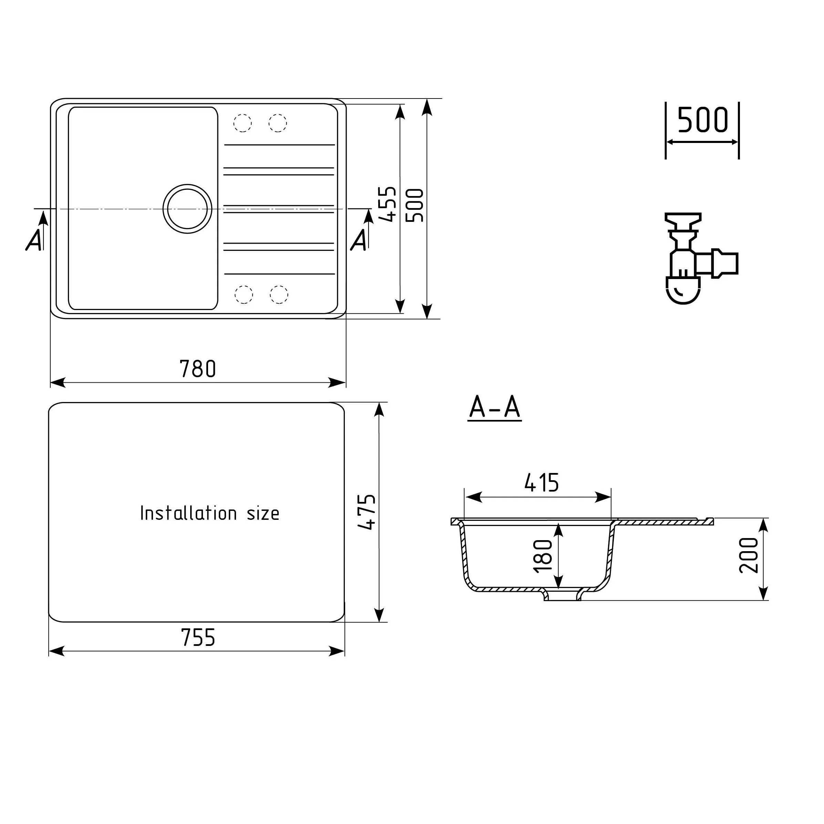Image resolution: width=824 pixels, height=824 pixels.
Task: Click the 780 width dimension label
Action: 197,369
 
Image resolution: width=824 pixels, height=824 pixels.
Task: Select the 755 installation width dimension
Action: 198,638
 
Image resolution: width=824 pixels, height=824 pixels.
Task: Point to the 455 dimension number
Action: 388,204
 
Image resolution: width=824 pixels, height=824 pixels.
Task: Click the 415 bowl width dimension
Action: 541,483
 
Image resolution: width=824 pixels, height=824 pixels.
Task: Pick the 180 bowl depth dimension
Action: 543,556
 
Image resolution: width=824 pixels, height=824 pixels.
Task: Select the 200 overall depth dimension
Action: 749,555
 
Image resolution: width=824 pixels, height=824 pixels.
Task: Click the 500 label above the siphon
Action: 702,120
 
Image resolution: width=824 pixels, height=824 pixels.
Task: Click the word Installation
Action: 188,514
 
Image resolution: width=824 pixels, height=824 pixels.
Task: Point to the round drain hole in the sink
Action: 187,209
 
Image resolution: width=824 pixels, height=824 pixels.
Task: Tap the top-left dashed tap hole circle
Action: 242,123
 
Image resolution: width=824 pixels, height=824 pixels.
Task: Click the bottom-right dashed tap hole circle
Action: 279,295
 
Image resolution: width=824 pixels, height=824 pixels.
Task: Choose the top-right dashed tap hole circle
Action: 278,123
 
